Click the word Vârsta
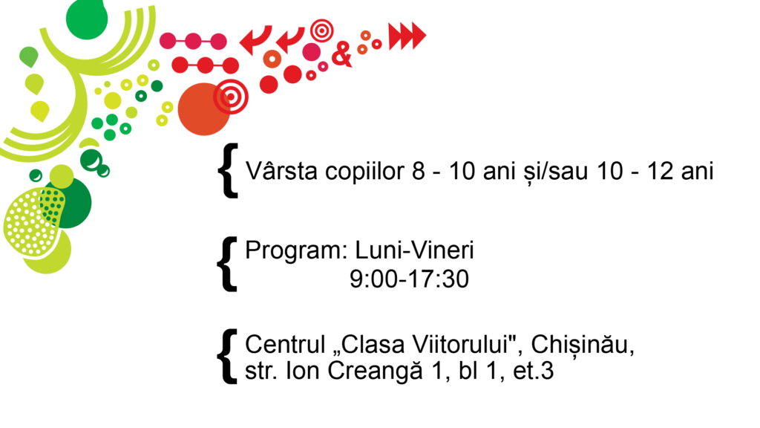[281, 170]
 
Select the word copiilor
[364, 172]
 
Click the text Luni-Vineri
[414, 250]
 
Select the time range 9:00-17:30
[409, 279]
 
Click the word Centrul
[285, 344]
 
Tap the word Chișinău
[583, 345]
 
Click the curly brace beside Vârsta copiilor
[228, 170]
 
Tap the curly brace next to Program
[227, 264]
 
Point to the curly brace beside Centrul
[227, 357]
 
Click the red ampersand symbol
[341, 53]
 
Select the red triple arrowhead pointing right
[407, 36]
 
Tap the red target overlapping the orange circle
[231, 97]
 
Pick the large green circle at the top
[87, 19]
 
